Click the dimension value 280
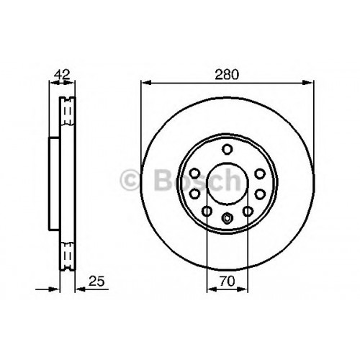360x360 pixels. point(227,74)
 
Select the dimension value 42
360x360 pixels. point(62,74)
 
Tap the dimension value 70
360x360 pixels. point(227,281)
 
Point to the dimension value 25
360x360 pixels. point(96,281)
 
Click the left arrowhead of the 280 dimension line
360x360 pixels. point(146,82)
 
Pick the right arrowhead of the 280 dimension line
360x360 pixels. point(308,82)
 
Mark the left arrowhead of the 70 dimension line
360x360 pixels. point(212,289)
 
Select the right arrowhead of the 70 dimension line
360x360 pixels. point(243,289)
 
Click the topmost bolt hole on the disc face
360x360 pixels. point(227,149)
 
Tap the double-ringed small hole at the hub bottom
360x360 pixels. point(227,217)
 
